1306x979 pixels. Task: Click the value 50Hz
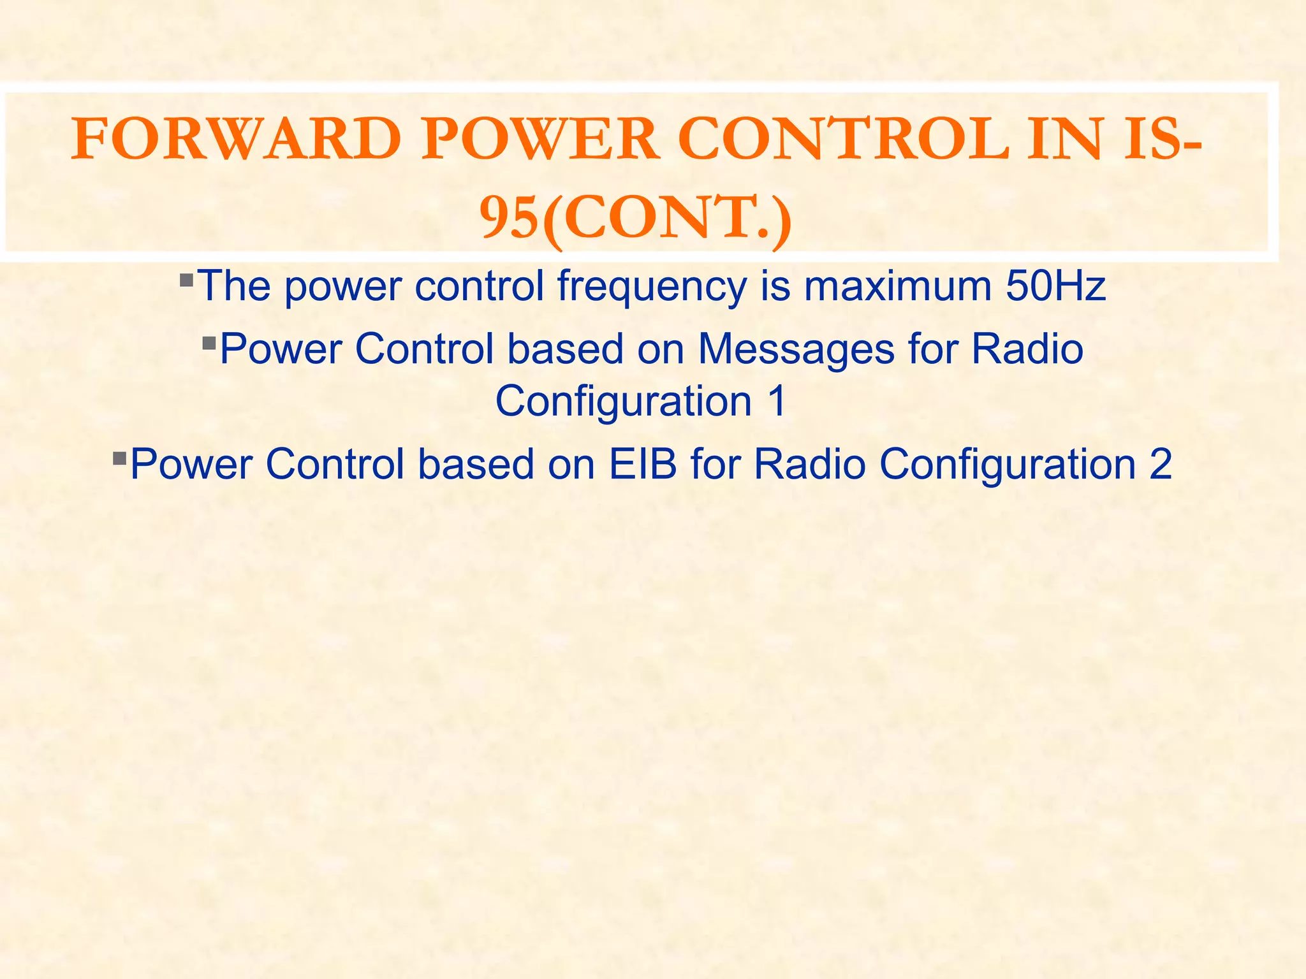coord(1055,286)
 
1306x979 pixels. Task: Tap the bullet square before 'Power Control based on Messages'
coord(209,344)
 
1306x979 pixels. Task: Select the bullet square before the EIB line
coord(119,458)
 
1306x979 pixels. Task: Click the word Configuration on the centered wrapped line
coord(624,402)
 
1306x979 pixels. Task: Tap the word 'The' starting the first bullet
coord(234,286)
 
